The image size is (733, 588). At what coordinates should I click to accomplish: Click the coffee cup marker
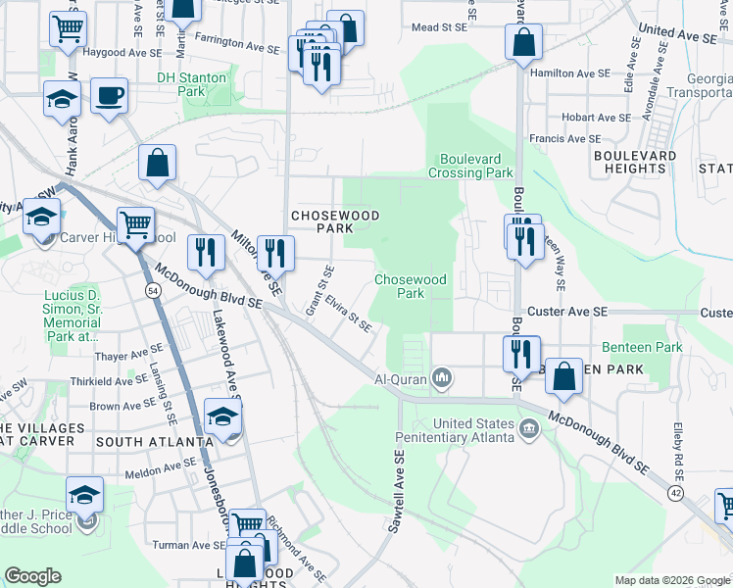click(109, 96)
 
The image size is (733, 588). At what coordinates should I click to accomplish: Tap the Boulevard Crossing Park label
click(470, 166)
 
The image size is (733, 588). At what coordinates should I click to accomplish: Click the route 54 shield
click(153, 291)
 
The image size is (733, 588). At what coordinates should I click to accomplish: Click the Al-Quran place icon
click(443, 377)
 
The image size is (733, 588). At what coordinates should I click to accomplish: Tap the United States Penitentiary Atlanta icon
click(530, 427)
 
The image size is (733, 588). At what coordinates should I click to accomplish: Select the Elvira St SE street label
click(349, 315)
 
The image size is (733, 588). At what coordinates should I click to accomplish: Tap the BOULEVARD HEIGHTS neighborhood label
click(635, 162)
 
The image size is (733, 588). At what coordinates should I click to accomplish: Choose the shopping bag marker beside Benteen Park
click(564, 377)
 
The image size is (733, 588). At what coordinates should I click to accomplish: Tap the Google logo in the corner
click(33, 575)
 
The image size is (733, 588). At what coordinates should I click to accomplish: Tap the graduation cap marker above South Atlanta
click(223, 416)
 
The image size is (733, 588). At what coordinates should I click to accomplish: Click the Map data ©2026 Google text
click(671, 580)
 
